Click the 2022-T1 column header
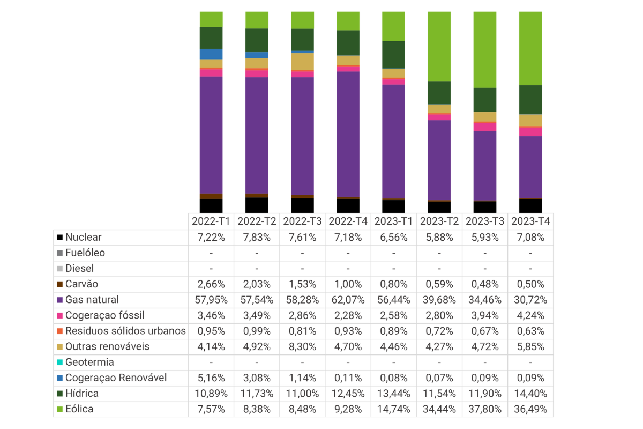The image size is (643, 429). coord(211,221)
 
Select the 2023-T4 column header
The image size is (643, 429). coord(530,221)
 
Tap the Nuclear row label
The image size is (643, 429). coord(83,237)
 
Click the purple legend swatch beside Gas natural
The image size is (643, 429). coord(59,300)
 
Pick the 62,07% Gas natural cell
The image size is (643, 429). coord(348,300)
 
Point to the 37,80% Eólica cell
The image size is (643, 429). coord(485,409)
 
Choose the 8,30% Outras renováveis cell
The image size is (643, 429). coord(302,346)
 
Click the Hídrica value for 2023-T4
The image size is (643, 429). coord(530,394)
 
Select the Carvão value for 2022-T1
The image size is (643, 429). coord(211,284)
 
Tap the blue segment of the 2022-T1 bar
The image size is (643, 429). coord(211,54)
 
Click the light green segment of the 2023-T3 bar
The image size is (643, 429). coord(485,50)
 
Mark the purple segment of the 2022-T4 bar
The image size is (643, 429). coord(348,134)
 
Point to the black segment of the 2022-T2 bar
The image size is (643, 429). coord(257,205)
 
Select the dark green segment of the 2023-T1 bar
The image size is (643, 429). coord(393,55)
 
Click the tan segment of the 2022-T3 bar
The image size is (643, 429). coord(302,62)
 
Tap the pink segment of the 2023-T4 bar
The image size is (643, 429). coord(530,132)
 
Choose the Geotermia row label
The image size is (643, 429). coord(89,362)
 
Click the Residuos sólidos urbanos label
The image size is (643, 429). coord(125,331)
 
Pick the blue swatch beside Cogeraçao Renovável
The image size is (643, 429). coord(59,378)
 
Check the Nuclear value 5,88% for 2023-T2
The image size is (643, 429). coord(439,238)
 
